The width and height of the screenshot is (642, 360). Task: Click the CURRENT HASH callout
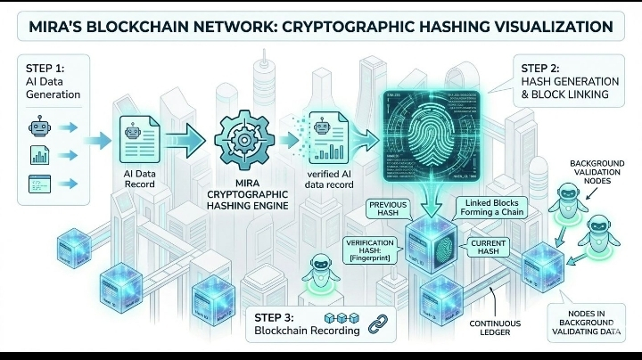(490, 248)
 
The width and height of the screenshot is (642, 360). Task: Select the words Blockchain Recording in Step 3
(308, 331)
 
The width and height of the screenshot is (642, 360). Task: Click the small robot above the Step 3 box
(317, 270)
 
